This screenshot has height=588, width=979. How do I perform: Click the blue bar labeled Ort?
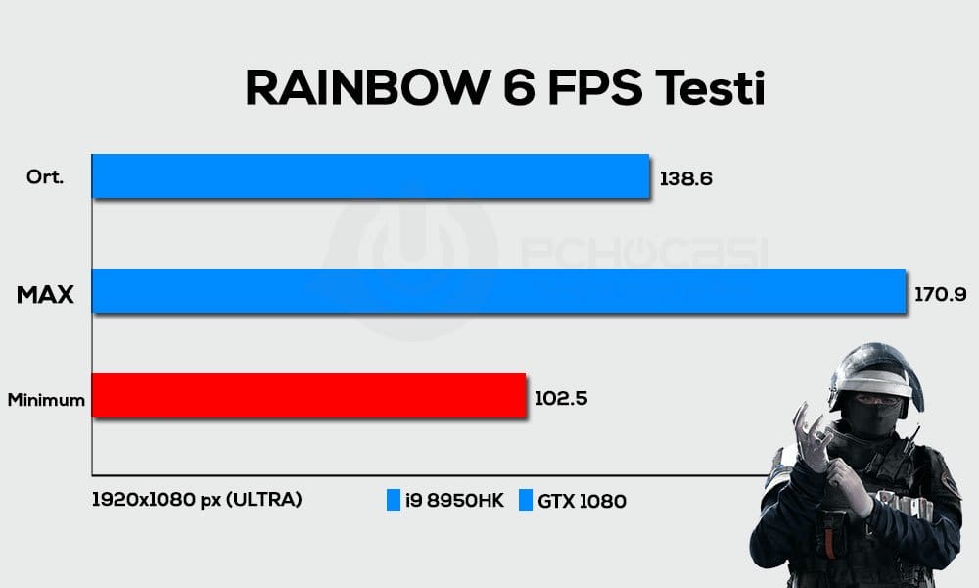pos(370,176)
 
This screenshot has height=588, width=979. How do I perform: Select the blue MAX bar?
pos(498,290)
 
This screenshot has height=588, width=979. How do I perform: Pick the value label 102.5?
pos(561,398)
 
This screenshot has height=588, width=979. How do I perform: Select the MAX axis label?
pos(45,292)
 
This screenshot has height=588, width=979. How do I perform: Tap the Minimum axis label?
pos(46,400)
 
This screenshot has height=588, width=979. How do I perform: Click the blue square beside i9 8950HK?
pos(394,501)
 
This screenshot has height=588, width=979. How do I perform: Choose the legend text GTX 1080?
pos(583,501)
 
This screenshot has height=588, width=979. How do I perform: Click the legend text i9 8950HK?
pos(453,501)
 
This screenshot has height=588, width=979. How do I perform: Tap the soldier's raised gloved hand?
pos(812,431)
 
